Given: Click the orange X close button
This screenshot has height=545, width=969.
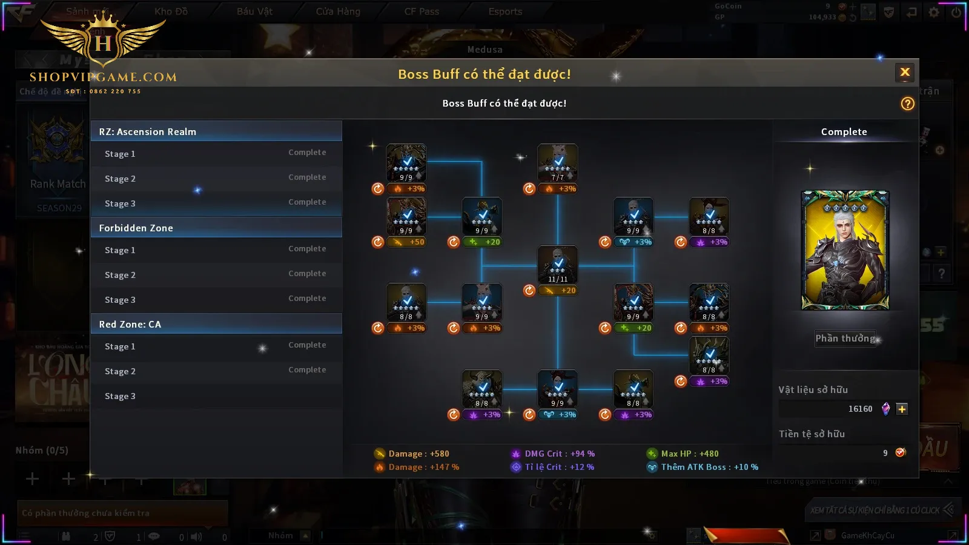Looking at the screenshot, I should coord(905,73).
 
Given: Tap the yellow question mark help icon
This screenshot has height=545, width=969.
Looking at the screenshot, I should coord(907,104).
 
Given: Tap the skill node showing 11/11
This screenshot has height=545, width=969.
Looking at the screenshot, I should coord(558,265).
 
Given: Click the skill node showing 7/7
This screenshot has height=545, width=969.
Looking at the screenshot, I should coord(558,163).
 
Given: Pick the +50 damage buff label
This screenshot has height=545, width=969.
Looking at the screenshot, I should coord(410,242).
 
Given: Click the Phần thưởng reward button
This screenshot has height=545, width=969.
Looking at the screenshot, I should coord(845,339).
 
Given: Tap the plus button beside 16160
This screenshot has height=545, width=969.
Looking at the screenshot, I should coord(902,409).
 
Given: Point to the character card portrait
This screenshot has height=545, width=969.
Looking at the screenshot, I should coord(845,250).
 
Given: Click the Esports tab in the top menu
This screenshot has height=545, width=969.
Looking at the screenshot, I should coord(505,12).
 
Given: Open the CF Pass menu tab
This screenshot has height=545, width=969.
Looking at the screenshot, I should coord(422,12).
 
